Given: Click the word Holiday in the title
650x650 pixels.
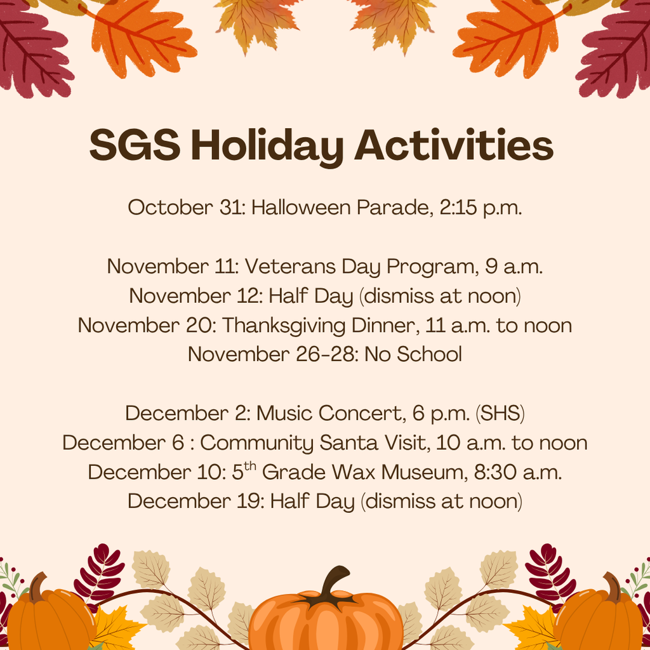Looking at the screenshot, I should click(x=267, y=147).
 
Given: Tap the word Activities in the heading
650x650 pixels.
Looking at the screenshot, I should click(x=454, y=145).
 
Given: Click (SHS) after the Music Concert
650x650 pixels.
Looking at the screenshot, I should click(x=500, y=413).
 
